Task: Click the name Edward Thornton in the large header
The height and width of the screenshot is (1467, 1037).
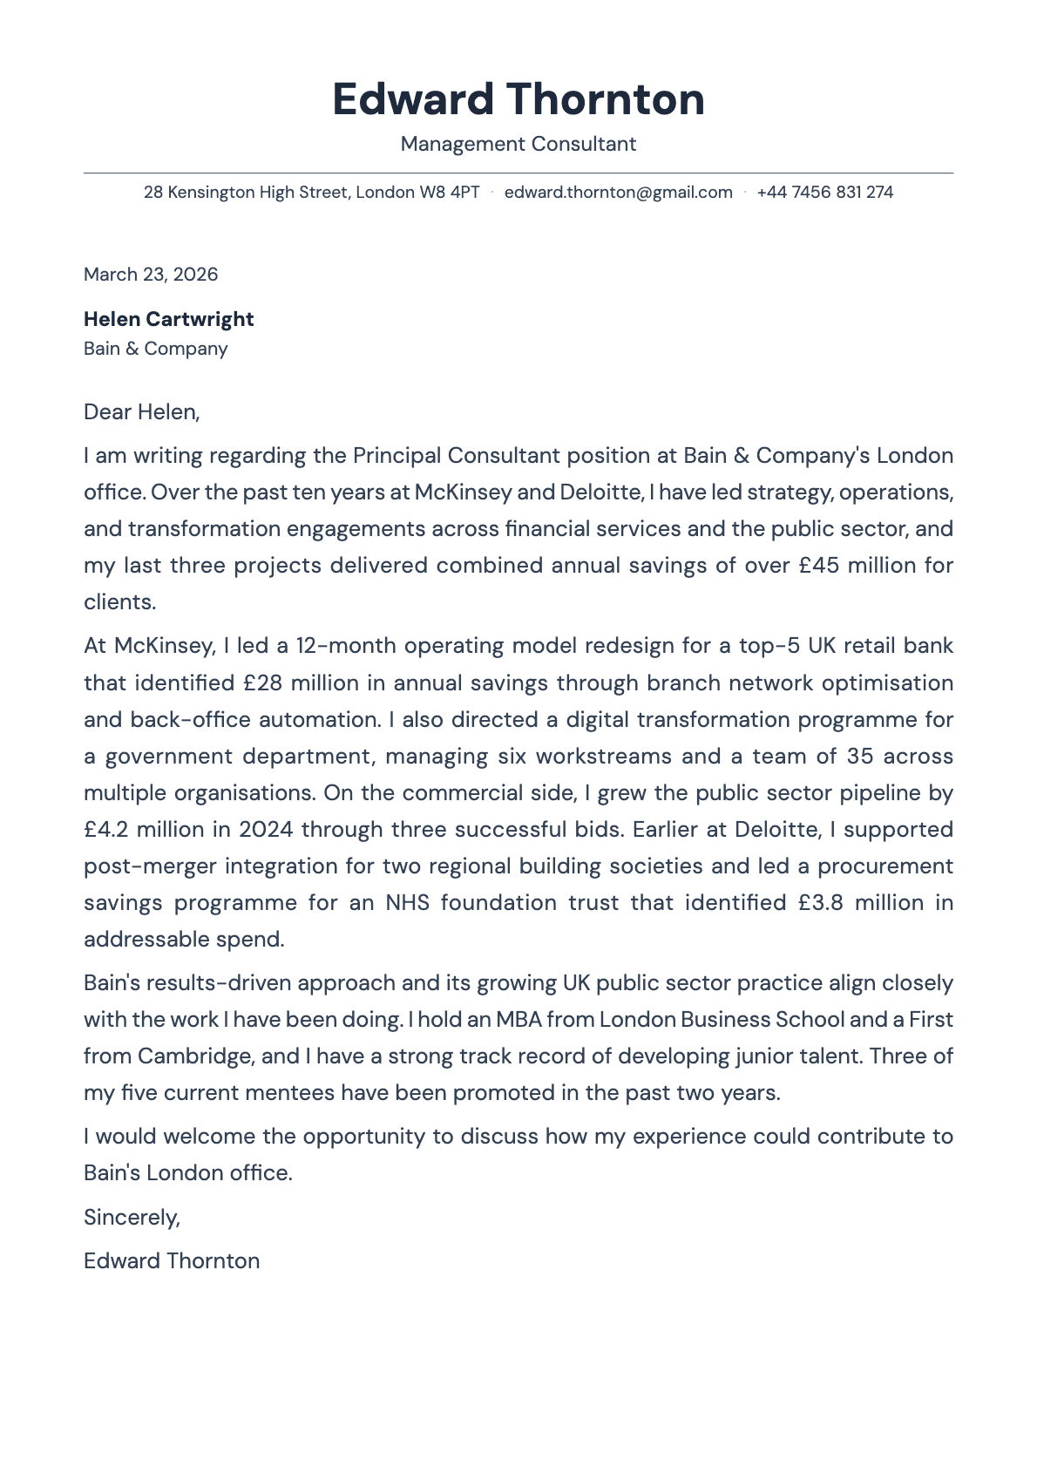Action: [x=518, y=99]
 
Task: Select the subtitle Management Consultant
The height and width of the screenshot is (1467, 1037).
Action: [x=518, y=144]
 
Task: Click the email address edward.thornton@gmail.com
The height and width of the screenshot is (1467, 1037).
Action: [x=618, y=192]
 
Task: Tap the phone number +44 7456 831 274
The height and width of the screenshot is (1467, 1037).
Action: [x=824, y=192]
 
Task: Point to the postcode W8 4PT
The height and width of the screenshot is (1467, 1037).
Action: [x=450, y=192]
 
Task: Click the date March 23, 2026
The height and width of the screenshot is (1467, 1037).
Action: [x=151, y=275]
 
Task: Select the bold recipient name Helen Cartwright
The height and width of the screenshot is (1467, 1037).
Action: [x=168, y=319]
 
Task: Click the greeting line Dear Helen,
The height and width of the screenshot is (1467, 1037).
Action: [x=141, y=411]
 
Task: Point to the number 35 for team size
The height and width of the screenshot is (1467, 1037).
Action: [x=859, y=756]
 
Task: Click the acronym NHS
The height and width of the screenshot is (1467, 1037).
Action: [x=407, y=902]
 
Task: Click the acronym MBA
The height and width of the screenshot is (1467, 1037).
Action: [x=518, y=1020]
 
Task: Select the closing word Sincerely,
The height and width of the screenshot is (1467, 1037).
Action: [x=132, y=1217]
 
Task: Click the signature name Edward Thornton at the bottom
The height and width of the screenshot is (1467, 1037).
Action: [x=172, y=1261]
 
